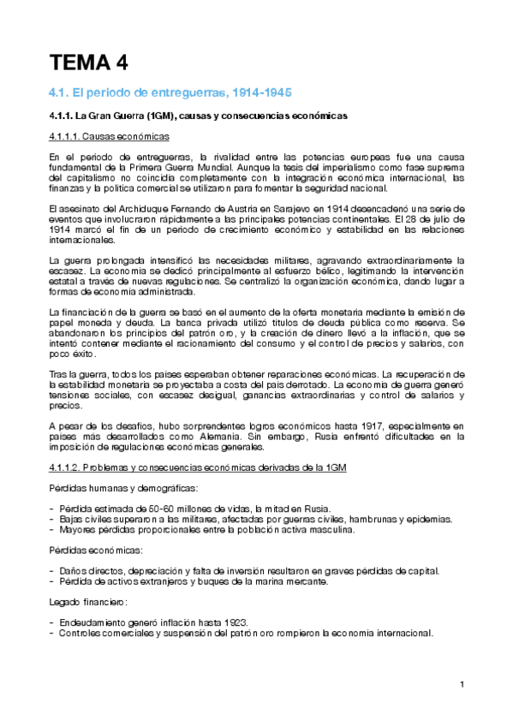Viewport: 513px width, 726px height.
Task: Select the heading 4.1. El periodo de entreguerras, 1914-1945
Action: tap(170, 92)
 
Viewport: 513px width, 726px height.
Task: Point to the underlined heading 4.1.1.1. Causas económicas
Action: tap(109, 137)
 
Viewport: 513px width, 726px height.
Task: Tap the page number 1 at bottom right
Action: tap(462, 684)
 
